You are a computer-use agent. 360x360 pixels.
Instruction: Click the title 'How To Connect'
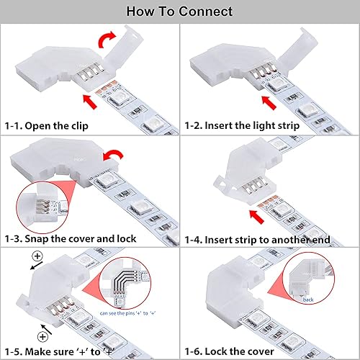pyautogui.click(x=179, y=12)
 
